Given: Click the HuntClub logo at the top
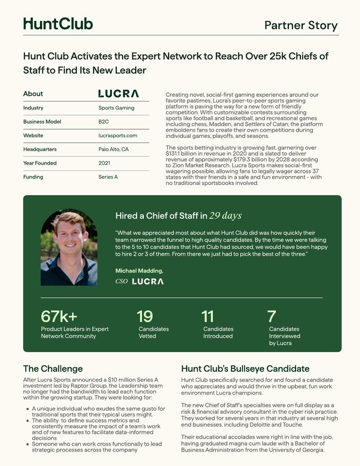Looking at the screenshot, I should click(58, 24).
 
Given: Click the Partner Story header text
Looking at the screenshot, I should click(301, 25).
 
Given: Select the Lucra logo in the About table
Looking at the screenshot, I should click(118, 94).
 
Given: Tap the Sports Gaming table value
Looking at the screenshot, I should click(116, 108).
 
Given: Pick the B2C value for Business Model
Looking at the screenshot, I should click(103, 122).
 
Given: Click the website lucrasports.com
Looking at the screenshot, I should click(117, 136).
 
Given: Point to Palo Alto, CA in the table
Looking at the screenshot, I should click(113, 149).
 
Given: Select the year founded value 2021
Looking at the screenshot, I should click(104, 163).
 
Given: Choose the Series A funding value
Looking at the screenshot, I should click(108, 177).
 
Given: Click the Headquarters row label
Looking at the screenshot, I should click(40, 149).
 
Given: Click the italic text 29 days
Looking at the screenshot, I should click(225, 216).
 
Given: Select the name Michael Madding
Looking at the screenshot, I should click(139, 271).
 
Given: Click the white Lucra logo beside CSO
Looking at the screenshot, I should click(147, 282).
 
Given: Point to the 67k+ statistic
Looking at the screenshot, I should click(59, 316).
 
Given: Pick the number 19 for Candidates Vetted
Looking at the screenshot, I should click(145, 316).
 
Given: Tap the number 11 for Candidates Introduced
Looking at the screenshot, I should click(208, 316).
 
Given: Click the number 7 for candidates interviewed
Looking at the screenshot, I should click(272, 316).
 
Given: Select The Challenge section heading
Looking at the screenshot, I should click(53, 369).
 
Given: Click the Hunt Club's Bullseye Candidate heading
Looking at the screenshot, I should click(245, 369).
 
